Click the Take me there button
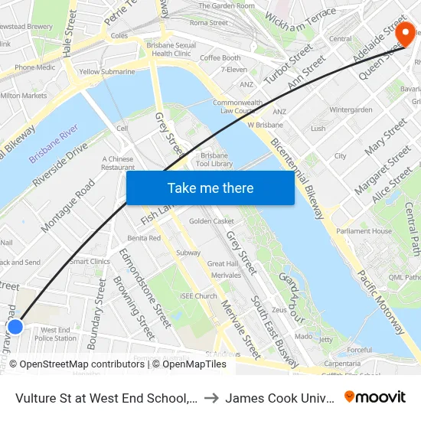(210, 188)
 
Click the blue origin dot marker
(15, 327)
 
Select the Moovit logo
(375, 397)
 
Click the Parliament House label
(364, 231)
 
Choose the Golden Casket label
(211, 221)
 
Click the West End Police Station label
(55, 334)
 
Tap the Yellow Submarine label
(107, 72)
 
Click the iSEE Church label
(198, 296)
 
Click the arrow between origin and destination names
(210, 397)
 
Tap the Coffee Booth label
(220, 58)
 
